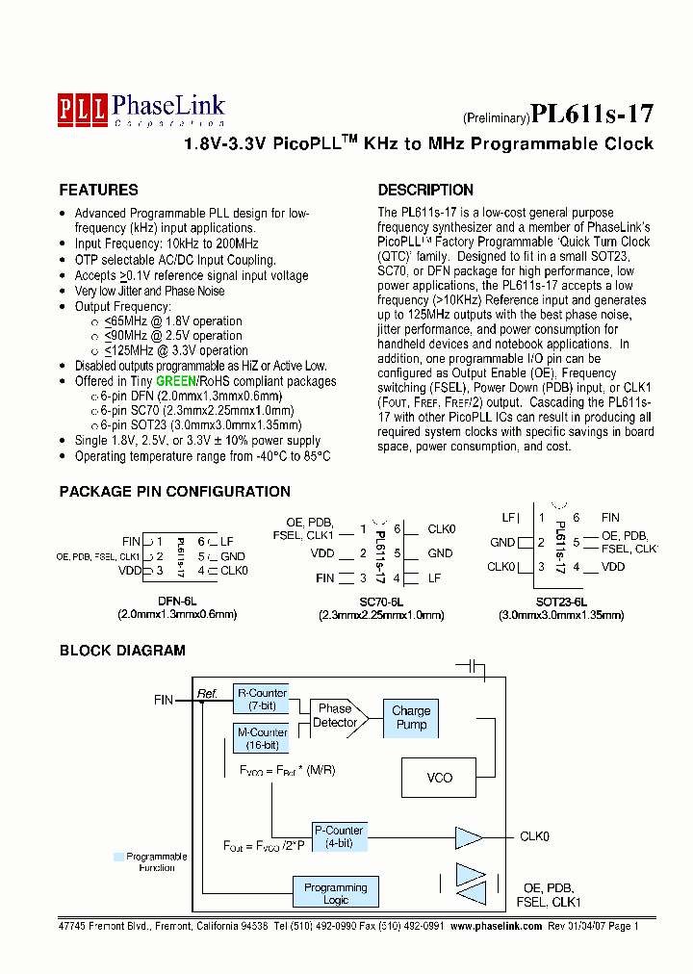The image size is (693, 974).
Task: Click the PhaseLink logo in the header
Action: click(x=141, y=110)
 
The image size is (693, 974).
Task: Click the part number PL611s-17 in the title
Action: click(x=592, y=115)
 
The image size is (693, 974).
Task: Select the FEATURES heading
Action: click(x=98, y=191)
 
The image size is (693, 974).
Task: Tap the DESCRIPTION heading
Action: click(x=425, y=191)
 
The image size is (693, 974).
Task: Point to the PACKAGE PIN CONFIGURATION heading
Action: click(x=174, y=492)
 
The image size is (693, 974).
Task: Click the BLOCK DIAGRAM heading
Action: click(x=122, y=651)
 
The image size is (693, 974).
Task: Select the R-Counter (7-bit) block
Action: click(x=261, y=699)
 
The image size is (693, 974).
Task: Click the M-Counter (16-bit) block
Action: click(x=261, y=739)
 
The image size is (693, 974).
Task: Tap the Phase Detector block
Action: click(x=335, y=716)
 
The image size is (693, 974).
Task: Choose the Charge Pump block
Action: click(x=411, y=718)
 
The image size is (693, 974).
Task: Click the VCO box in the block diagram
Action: click(x=439, y=778)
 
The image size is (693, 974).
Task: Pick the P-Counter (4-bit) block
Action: click(x=338, y=836)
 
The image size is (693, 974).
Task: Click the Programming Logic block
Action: click(x=335, y=893)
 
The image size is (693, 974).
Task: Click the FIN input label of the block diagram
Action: click(x=163, y=700)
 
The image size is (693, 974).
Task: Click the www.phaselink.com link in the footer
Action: click(x=497, y=926)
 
